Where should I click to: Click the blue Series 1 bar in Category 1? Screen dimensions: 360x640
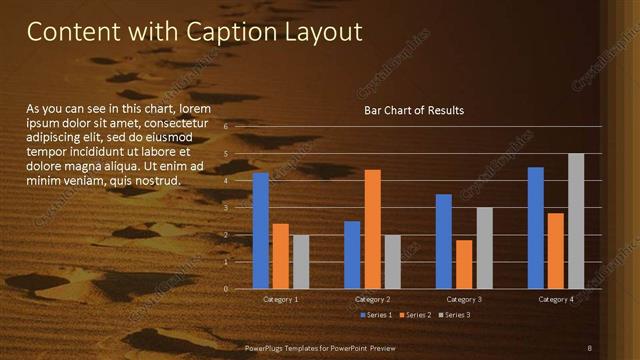pos(261,231)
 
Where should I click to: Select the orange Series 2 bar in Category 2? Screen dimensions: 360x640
pos(372,229)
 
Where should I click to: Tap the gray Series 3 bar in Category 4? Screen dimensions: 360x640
pos(575,221)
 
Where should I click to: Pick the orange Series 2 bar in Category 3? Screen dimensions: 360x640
pos(464,264)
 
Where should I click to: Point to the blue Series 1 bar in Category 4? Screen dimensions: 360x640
pos(535,228)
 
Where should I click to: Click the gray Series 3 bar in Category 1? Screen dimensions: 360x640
pos(301,262)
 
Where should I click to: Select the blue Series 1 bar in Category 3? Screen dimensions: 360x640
pos(444,241)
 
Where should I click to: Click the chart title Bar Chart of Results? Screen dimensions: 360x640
pos(413,110)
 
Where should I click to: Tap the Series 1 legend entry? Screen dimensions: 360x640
pos(375,316)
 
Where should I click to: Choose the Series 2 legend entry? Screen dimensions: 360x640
pos(414,316)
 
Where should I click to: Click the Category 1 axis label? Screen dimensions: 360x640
pos(281,300)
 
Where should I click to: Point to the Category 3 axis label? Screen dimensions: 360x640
pos(464,300)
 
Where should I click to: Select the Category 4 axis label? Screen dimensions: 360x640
pos(555,300)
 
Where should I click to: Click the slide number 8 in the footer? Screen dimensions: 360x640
pos(590,348)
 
